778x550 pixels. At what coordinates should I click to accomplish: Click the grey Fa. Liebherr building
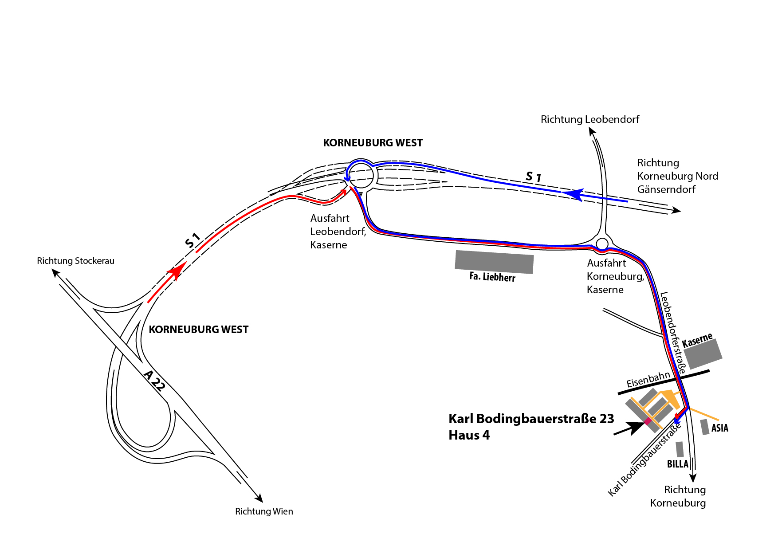pyautogui.click(x=494, y=262)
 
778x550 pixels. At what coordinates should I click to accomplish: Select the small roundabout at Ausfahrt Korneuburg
pyautogui.click(x=602, y=244)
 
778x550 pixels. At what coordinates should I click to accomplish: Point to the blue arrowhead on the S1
pyautogui.click(x=573, y=194)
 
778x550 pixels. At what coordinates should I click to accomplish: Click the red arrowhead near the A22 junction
pyautogui.click(x=177, y=271)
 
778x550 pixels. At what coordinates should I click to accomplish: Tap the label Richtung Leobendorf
pyautogui.click(x=590, y=119)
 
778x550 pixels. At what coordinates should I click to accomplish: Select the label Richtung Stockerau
pyautogui.click(x=75, y=261)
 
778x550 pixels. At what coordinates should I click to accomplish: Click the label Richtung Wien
pyautogui.click(x=264, y=511)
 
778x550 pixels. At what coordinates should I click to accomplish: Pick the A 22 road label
pyautogui.click(x=155, y=381)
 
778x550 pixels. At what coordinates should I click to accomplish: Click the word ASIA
pyautogui.click(x=719, y=428)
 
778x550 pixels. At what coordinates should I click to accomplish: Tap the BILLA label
pyautogui.click(x=678, y=464)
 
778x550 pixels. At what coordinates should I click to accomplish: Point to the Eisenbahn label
pyautogui.click(x=648, y=379)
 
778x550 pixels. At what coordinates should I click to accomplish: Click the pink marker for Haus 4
pyautogui.click(x=648, y=420)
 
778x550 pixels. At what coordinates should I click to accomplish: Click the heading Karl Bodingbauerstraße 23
pyautogui.click(x=531, y=419)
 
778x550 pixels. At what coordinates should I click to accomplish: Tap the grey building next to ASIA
pyautogui.click(x=705, y=427)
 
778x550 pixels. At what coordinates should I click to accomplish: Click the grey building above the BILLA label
pyautogui.click(x=680, y=449)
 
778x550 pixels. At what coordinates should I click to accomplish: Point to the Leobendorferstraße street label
pyautogui.click(x=673, y=333)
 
